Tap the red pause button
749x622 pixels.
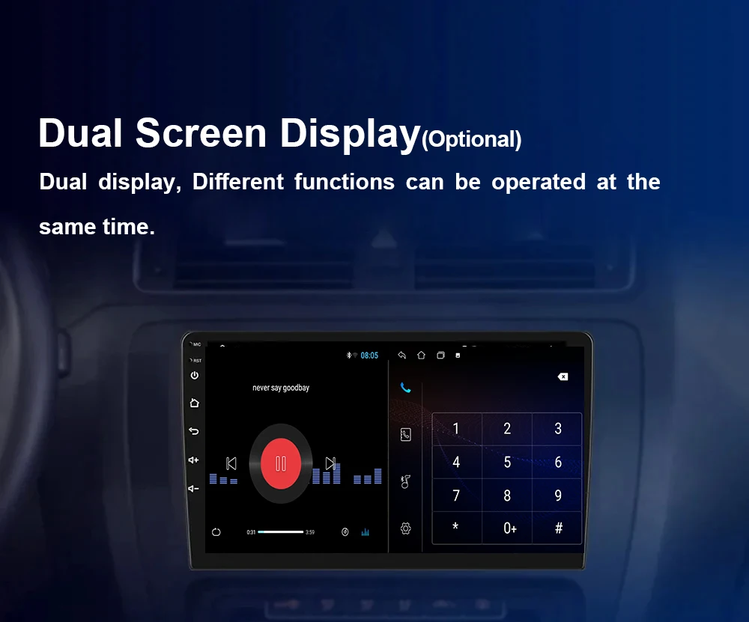[281, 463]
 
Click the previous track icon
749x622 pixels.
[231, 463]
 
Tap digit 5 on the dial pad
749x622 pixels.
[507, 462]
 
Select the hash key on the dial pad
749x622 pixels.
[559, 528]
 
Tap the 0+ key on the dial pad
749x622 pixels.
[509, 528]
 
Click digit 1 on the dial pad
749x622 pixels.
[456, 428]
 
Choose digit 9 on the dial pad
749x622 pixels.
[558, 496]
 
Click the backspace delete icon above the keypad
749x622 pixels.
[562, 376]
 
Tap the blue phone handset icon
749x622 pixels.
[405, 388]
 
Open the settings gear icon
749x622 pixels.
[405, 528]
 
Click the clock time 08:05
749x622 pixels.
[369, 355]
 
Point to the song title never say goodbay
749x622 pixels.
[281, 388]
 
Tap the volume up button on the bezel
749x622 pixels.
[193, 460]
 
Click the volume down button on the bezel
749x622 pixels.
[193, 488]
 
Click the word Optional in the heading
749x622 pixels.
[471, 139]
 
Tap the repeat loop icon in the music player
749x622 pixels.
[216, 531]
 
